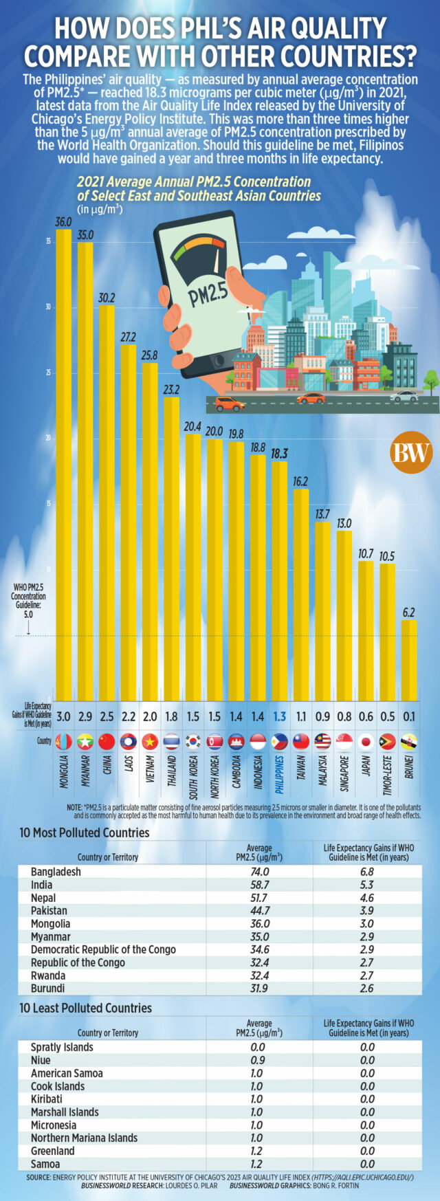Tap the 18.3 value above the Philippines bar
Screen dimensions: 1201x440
(x=279, y=454)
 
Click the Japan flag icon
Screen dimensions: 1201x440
(x=366, y=741)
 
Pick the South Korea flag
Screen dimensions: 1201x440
(x=192, y=741)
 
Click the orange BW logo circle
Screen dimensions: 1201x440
(x=411, y=452)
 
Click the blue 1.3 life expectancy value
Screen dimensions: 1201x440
(x=279, y=716)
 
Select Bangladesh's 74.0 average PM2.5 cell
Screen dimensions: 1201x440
(x=259, y=872)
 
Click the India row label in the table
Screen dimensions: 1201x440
(x=42, y=885)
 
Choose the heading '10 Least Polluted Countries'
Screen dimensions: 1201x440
(x=85, y=1008)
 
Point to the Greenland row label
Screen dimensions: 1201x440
(x=52, y=1151)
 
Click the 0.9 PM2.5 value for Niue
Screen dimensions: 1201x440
(x=259, y=1060)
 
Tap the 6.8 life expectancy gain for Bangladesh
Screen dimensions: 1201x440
(x=367, y=872)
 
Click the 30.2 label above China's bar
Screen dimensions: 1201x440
(x=107, y=298)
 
